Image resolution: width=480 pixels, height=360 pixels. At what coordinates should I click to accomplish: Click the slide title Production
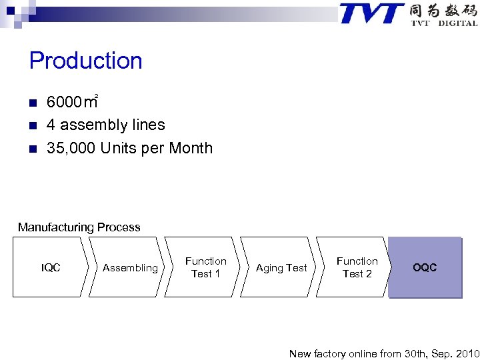86,61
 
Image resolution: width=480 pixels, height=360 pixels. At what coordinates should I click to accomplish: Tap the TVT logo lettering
372,13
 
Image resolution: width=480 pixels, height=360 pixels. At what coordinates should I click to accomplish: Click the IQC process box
51,268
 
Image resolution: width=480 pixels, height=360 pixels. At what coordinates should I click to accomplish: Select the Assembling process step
130,268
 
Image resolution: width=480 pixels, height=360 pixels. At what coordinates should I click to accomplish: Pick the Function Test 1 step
205,267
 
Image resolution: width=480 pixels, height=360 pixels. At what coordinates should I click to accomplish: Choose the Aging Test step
281,268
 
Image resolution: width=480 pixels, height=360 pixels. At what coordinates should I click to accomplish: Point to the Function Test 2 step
357,267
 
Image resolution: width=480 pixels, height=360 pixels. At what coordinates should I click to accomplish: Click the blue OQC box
425,267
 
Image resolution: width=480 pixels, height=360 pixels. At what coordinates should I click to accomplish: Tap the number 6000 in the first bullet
63,102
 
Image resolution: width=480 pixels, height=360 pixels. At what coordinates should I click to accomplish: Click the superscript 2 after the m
97,97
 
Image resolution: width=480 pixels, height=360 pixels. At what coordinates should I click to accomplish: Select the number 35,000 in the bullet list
71,148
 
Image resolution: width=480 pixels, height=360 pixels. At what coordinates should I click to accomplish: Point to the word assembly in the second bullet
95,125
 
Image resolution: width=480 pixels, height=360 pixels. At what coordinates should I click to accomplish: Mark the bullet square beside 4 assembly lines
32,125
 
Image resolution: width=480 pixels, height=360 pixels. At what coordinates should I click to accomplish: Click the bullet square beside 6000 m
32,103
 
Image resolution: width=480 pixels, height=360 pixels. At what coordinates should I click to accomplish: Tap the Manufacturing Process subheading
79,227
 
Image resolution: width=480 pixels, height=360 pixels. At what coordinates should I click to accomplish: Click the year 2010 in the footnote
466,353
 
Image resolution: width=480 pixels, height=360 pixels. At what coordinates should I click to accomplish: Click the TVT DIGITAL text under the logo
443,23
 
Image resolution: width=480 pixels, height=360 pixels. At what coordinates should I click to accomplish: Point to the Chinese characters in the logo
443,11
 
